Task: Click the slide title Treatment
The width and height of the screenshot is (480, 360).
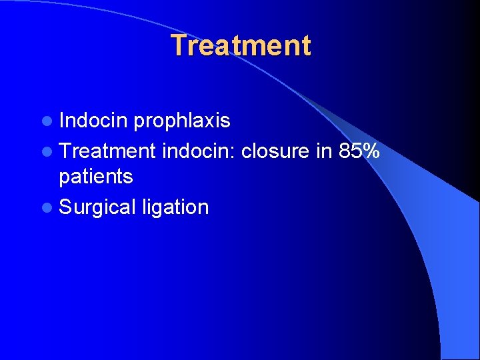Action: click(240, 46)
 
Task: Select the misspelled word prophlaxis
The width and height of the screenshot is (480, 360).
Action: click(181, 121)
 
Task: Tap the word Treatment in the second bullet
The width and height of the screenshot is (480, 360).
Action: click(107, 151)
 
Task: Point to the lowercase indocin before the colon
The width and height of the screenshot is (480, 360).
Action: click(197, 151)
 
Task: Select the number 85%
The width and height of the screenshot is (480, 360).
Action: click(359, 151)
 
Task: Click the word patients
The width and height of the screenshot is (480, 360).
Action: click(95, 177)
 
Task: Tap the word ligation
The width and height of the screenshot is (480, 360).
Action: click(175, 207)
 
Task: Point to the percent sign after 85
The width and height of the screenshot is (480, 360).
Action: click(371, 151)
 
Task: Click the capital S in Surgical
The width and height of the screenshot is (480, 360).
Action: click(65, 207)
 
